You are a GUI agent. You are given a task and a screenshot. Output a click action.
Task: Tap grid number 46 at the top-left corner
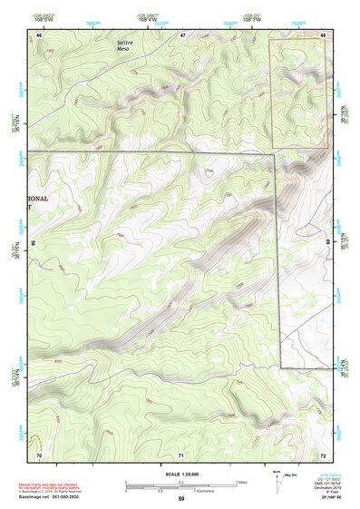tap(39, 34)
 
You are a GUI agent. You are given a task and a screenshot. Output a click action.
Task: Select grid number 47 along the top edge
tap(182, 34)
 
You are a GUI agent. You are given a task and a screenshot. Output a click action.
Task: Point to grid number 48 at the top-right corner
tap(324, 34)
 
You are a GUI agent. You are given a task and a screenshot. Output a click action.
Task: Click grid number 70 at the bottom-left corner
tap(39, 454)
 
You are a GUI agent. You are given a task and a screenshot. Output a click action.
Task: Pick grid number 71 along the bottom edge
tap(181, 454)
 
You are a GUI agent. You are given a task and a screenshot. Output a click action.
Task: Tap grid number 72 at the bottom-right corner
tap(323, 454)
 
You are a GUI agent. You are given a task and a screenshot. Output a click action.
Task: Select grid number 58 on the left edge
tap(33, 244)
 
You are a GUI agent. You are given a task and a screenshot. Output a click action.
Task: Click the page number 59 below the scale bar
tap(181, 499)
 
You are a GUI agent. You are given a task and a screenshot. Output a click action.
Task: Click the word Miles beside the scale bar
tap(242, 482)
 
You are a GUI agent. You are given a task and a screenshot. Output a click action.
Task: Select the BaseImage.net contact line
tap(55, 497)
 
